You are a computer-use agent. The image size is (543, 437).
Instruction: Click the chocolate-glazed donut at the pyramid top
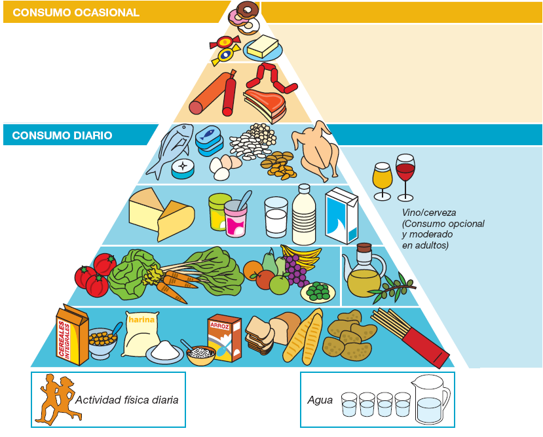(x=247, y=9)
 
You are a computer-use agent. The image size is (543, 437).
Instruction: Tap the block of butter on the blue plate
(x=263, y=46)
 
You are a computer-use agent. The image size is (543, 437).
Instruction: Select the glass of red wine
(x=405, y=177)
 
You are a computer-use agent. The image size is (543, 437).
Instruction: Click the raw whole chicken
(x=316, y=150)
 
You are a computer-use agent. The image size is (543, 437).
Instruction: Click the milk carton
(x=341, y=215)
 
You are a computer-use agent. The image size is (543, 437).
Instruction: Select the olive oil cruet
(x=364, y=271)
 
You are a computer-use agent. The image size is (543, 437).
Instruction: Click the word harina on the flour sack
(x=141, y=319)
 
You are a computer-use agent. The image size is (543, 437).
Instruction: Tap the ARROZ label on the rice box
(x=220, y=325)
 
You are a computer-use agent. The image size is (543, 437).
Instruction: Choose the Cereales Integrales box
(x=72, y=335)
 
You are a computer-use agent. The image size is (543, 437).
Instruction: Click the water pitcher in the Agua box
(x=430, y=399)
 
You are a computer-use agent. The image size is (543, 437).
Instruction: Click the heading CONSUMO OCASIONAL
(x=76, y=12)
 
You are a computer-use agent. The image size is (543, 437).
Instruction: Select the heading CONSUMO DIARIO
(x=62, y=135)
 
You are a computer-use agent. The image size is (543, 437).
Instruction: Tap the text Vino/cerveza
(x=429, y=213)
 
